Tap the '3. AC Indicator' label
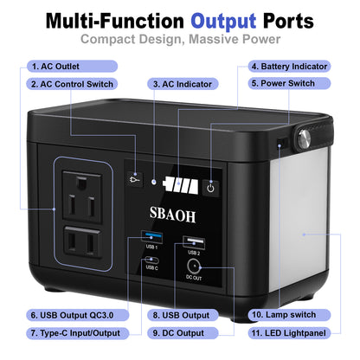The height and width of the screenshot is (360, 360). click(x=182, y=85)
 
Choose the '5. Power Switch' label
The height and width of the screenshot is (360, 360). click(x=282, y=84)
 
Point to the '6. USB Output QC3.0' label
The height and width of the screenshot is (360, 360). click(x=72, y=315)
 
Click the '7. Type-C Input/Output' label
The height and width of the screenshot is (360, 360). click(x=74, y=332)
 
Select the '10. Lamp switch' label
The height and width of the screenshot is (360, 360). click(x=283, y=315)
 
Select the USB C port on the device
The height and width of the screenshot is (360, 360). click(x=151, y=259)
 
